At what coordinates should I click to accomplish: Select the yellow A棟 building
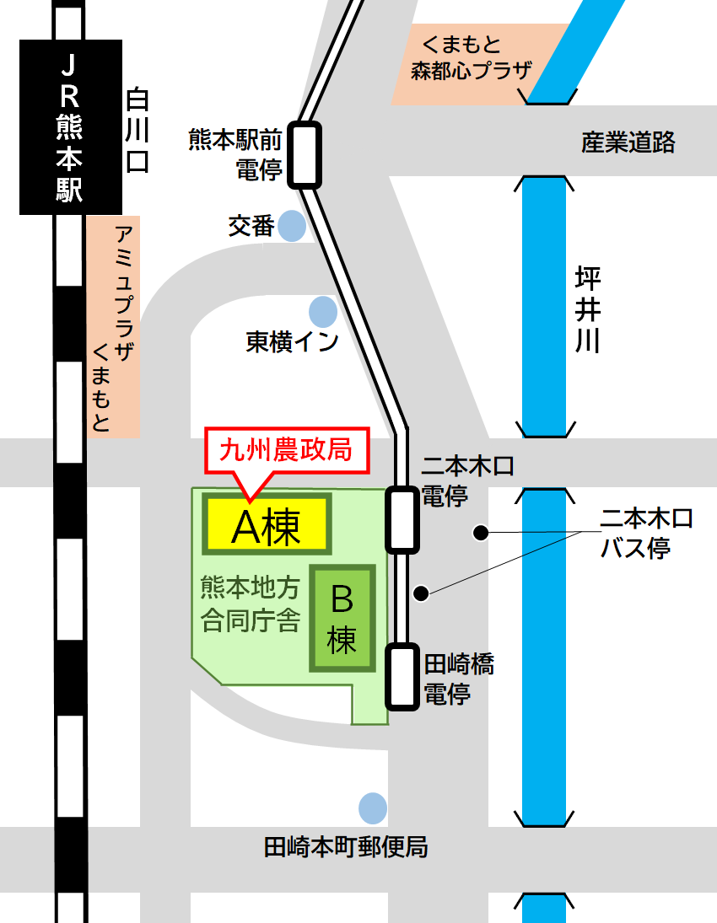click(267, 528)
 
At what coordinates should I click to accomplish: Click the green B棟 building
click(342, 618)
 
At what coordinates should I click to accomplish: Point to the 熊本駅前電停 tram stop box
click(305, 154)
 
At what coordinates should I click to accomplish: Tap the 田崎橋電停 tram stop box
click(402, 677)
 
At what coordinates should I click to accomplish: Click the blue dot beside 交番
click(292, 225)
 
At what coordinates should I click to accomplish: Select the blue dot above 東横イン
click(322, 312)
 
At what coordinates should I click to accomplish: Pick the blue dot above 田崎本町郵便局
click(372, 808)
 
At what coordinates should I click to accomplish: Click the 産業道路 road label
click(628, 142)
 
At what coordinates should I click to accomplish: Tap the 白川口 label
click(137, 131)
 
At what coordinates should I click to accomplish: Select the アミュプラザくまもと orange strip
click(113, 326)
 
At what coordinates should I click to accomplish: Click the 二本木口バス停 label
click(645, 533)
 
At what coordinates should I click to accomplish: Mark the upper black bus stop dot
click(480, 532)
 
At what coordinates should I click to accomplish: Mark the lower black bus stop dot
click(421, 593)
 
